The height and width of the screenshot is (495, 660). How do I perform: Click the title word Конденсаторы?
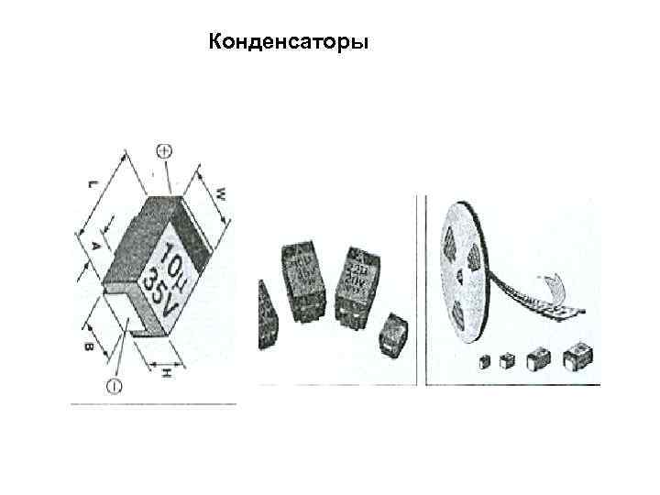(x=289, y=43)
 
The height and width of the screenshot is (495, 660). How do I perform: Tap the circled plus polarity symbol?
(x=166, y=152)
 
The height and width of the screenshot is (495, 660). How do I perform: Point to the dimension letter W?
(x=222, y=194)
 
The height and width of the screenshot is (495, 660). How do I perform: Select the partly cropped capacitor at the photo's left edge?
(x=266, y=317)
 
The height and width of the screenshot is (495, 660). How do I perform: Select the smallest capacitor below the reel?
(x=485, y=362)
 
